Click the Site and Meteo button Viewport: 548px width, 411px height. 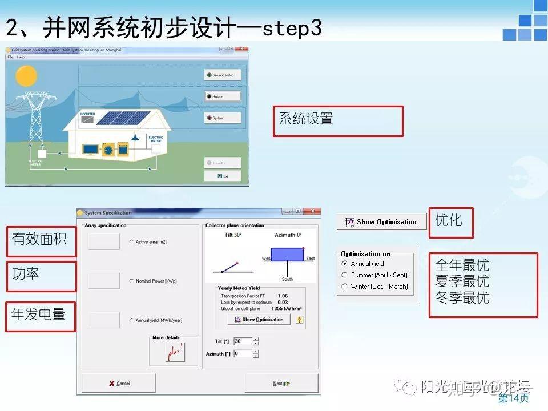pyautogui.click(x=223, y=75)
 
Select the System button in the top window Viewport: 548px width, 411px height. pyautogui.click(x=223, y=118)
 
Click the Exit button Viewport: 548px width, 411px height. pyautogui.click(x=223, y=176)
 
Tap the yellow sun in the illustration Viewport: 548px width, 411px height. pyautogui.click(x=26, y=76)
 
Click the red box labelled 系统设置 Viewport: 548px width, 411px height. pyautogui.click(x=337, y=121)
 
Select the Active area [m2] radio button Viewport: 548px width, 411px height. pyautogui.click(x=132, y=242)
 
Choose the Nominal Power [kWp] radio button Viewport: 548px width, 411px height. pyautogui.click(x=132, y=281)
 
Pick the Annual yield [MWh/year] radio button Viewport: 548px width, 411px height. pyautogui.click(x=132, y=320)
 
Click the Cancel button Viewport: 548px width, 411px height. pyautogui.click(x=119, y=383)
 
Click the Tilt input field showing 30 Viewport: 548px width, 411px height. pyautogui.click(x=242, y=341)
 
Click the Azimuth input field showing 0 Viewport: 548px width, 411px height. pyautogui.click(x=242, y=354)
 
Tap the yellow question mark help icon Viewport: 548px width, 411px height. pyautogui.click(x=299, y=320)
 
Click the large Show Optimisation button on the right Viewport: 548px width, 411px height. pyautogui.click(x=381, y=222)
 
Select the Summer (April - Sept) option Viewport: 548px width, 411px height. pyautogui.click(x=344, y=275)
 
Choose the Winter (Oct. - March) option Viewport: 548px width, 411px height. pyautogui.click(x=344, y=287)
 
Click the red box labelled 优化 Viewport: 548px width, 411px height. pyautogui.click(x=451, y=222)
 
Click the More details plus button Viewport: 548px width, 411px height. pyautogui.click(x=174, y=354)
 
